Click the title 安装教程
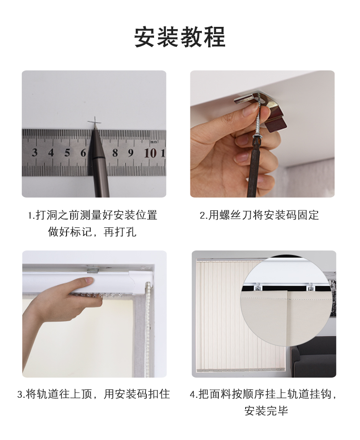pos(180,37)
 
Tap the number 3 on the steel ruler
pos(35,153)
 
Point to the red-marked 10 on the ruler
pos(150,153)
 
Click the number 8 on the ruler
pos(115,153)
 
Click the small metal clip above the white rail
pos(93,270)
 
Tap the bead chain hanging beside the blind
pos(148,328)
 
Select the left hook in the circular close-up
pos(258,287)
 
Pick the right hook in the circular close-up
pos(310,287)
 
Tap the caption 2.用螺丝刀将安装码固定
pos(259,215)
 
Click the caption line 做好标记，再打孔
pos(92,232)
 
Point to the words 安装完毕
pos(266,411)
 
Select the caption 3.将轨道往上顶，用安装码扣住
pos(94,394)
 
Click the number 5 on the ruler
pos(67,153)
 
